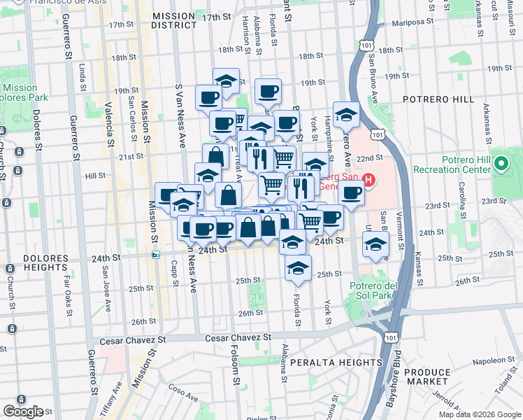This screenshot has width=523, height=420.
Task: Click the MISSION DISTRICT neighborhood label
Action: pyautogui.click(x=174, y=20)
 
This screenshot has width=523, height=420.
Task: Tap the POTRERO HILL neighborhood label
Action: pyautogui.click(x=438, y=99)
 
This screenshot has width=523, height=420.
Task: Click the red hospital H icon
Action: pyautogui.click(x=368, y=181)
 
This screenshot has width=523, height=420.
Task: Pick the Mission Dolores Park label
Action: pyautogui.click(x=20, y=92)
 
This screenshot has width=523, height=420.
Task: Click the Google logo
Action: pyautogui.click(x=23, y=412)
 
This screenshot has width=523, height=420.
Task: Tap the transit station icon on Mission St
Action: pyautogui.click(x=157, y=255)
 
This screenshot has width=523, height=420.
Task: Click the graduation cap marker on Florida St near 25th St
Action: pyautogui.click(x=298, y=269)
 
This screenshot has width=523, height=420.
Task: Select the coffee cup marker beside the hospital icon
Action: pyautogui.click(x=352, y=193)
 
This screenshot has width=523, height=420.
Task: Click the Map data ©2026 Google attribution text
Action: pyautogui.click(x=480, y=414)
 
